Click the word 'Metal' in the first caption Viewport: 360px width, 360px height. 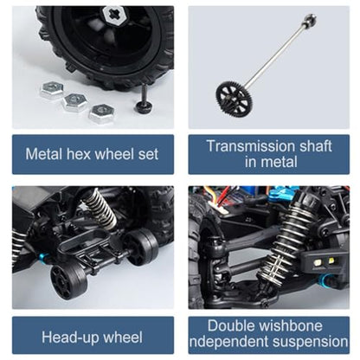point(44,154)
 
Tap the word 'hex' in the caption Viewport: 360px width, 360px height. point(79,154)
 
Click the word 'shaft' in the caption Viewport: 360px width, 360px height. point(316,146)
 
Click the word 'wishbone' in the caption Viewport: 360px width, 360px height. point(291,325)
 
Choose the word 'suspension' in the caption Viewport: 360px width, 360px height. point(310,342)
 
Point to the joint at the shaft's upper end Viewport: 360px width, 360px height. point(310,21)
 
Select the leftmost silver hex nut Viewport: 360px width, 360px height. point(52,90)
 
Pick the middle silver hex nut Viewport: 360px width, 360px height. point(75,103)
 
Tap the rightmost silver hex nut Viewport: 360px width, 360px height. point(101,114)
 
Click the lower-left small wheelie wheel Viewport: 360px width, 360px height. point(68,279)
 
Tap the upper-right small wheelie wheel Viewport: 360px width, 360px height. point(142,247)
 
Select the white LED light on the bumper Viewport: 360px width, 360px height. point(318,263)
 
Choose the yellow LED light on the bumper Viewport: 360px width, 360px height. point(331,261)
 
